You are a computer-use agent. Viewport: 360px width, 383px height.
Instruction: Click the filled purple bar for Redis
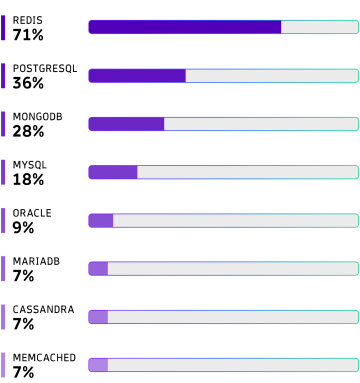(x=185, y=27)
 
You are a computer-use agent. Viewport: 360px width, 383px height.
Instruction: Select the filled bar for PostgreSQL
(x=137, y=76)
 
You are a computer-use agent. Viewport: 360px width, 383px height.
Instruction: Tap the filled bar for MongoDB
(x=126, y=124)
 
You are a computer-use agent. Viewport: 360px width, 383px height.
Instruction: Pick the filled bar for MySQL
(x=113, y=172)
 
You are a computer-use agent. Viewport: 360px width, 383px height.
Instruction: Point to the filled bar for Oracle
(x=101, y=220)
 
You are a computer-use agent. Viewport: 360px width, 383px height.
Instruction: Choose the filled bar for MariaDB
(x=98, y=269)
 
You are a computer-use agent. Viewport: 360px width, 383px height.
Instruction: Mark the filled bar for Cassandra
(x=98, y=317)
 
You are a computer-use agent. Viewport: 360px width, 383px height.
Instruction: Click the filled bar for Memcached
(x=98, y=365)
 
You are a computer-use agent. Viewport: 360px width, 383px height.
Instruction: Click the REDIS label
(x=28, y=20)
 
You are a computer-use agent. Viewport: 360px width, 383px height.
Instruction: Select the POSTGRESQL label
(x=45, y=69)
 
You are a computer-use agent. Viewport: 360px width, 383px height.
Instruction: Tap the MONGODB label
(x=38, y=117)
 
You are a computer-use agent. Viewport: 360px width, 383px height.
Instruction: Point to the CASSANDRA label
(x=43, y=309)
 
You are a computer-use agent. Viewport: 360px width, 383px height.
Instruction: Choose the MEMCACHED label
(x=44, y=358)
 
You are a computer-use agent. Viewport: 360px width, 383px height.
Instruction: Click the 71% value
(x=28, y=35)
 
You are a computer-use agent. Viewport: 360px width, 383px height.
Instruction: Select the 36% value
(x=28, y=83)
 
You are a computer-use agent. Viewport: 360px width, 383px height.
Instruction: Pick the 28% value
(x=28, y=131)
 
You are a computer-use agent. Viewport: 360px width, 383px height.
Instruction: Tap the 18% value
(x=28, y=179)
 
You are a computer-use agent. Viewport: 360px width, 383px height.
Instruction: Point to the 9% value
(x=23, y=228)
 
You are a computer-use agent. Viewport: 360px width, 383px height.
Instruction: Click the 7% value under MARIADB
(x=23, y=276)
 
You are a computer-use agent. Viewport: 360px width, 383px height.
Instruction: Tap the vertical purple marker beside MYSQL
(x=3, y=172)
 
